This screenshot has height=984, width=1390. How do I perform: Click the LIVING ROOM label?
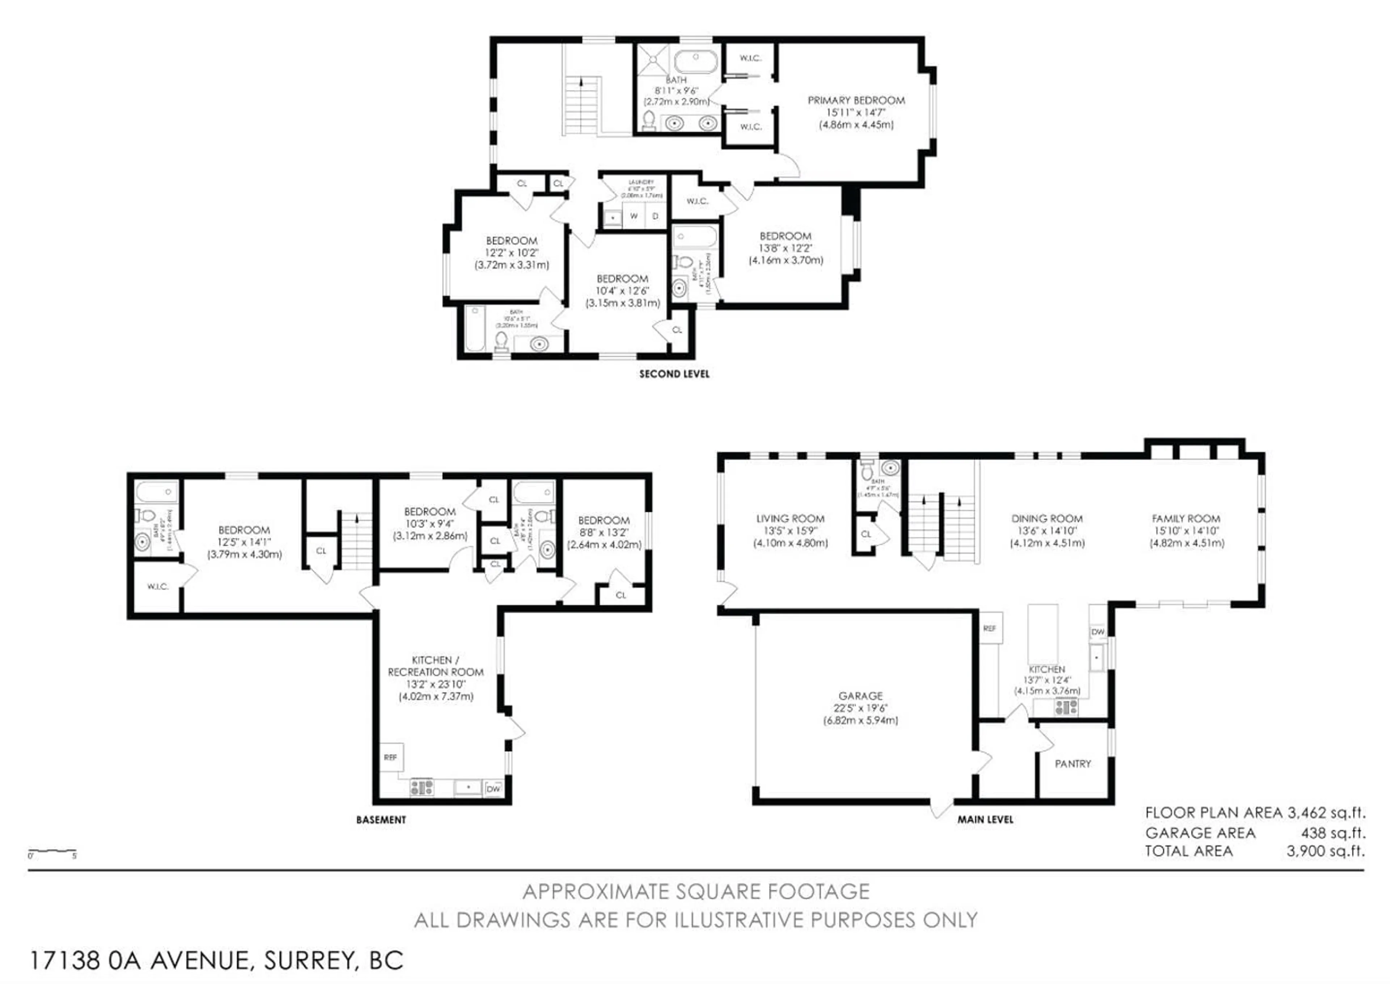(x=790, y=519)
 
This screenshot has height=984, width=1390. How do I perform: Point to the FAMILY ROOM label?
(x=1186, y=519)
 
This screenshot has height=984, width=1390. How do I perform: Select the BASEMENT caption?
(x=381, y=820)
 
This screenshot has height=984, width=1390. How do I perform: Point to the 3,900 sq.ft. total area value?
(x=1325, y=851)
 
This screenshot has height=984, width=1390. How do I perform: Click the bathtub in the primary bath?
(x=696, y=62)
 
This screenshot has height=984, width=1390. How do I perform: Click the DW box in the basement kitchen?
(x=493, y=789)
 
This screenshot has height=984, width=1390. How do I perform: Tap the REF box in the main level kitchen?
(x=989, y=628)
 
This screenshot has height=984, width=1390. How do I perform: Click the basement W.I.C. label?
(x=157, y=586)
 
